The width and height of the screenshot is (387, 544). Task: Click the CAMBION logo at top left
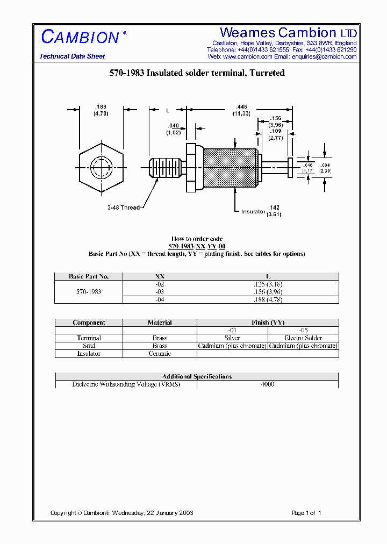click(80, 37)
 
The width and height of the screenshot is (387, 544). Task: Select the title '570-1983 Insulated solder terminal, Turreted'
click(197, 73)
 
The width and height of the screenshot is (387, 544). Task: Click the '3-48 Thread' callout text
click(123, 207)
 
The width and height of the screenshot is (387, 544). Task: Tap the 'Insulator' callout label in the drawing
click(253, 212)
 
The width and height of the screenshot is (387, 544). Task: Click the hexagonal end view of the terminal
click(101, 168)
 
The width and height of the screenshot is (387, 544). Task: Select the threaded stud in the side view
click(164, 168)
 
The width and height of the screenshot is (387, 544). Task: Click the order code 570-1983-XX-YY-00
click(196, 246)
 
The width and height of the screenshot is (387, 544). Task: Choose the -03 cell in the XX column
click(160, 292)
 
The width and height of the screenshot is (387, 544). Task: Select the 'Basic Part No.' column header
click(89, 277)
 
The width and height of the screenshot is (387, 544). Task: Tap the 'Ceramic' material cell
click(160, 354)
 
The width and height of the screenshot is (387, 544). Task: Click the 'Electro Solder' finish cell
click(303, 338)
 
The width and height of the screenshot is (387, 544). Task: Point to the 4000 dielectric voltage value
click(267, 384)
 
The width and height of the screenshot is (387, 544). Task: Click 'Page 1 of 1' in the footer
click(306, 513)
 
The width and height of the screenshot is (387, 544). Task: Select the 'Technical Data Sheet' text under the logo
click(72, 56)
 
